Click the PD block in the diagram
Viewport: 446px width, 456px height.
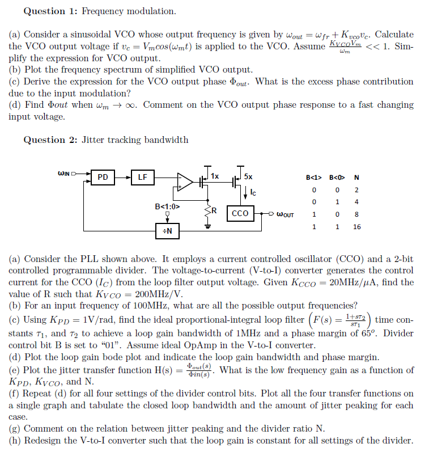[x=103, y=178]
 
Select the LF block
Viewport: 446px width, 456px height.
[x=142, y=178]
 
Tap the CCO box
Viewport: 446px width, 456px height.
[x=240, y=214]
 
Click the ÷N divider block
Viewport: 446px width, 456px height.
[x=168, y=231]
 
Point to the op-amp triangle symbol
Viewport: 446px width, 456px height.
[x=185, y=181]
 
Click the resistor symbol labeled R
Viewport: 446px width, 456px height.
[x=207, y=211]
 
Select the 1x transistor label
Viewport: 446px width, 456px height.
[x=215, y=176]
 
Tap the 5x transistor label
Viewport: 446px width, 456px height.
[x=248, y=176]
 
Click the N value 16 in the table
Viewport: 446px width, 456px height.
[x=356, y=227]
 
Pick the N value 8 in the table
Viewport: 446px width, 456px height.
[x=356, y=214]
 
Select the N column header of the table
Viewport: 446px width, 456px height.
[x=356, y=177]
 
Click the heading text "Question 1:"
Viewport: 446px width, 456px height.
[x=44, y=11]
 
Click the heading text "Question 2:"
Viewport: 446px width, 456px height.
[x=44, y=140]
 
